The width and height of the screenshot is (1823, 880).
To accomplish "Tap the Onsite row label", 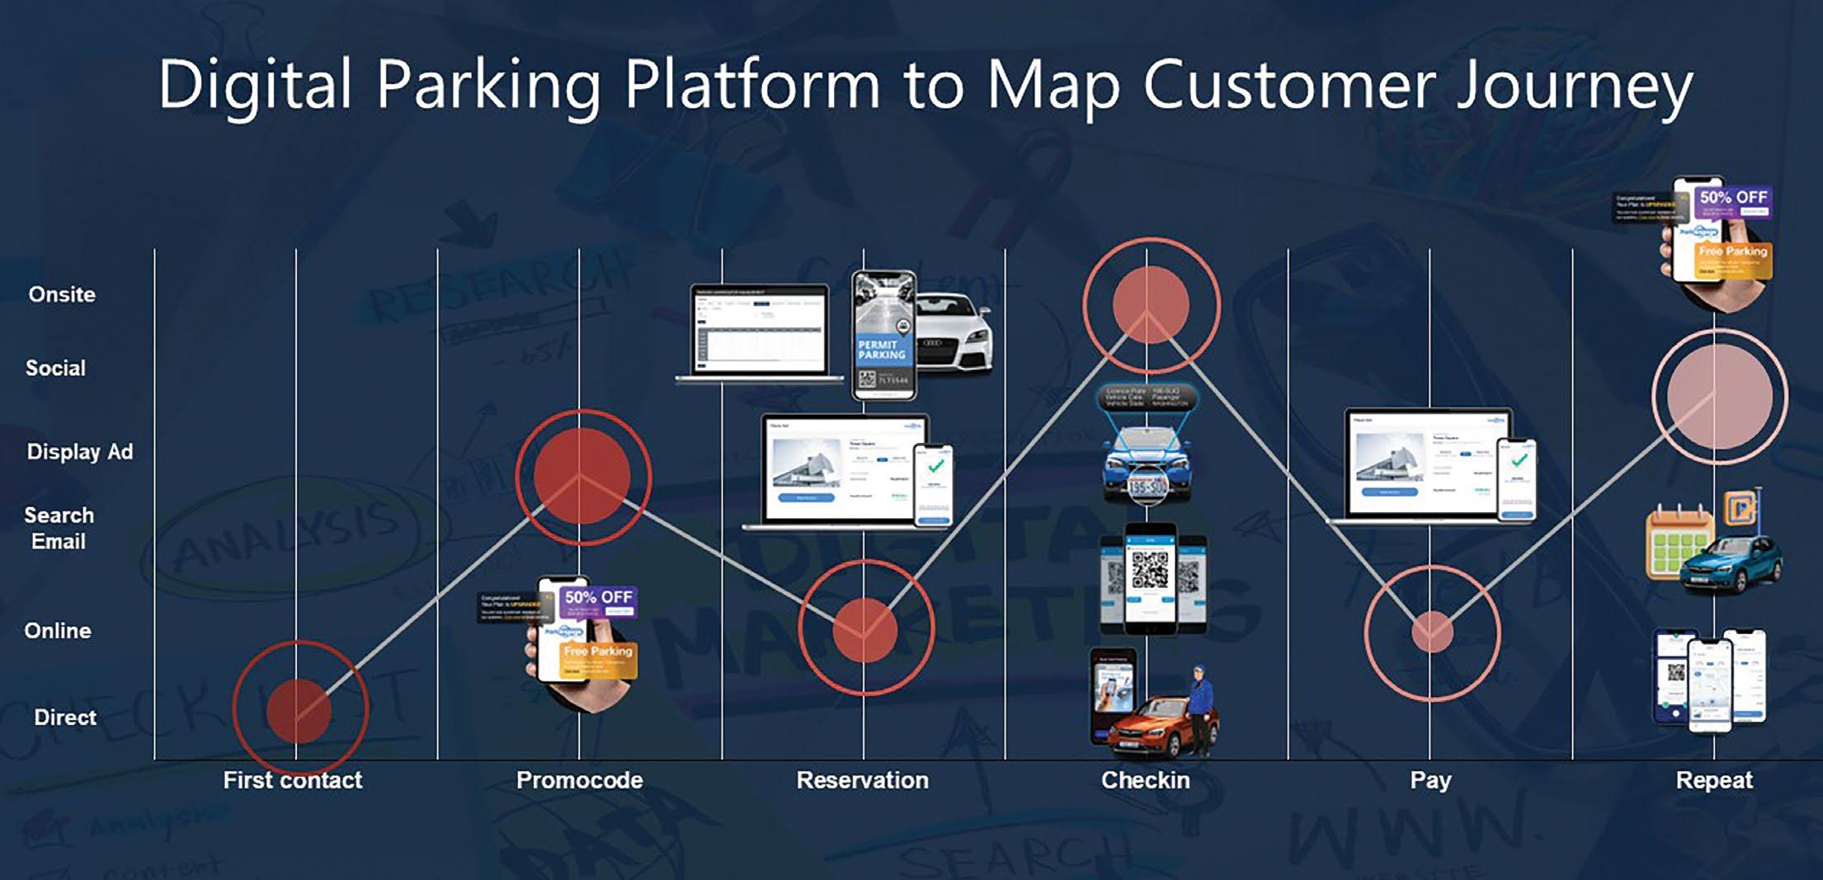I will pos(62,294).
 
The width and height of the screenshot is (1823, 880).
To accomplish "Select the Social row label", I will pos(55,368).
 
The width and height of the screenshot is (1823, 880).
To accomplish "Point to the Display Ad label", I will pos(80,452).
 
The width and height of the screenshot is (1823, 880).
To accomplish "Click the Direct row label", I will pos(65,718).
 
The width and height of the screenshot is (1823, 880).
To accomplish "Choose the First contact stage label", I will pos(293,780).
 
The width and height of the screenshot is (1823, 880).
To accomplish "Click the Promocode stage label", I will pos(579,780).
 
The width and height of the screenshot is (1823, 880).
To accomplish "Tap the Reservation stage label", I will pos(862,780).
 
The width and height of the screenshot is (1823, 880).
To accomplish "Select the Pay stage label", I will pos(1430,780).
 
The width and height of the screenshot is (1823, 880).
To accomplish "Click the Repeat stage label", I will pos(1714,780).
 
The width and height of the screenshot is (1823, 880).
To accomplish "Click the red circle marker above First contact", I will pos(299,710).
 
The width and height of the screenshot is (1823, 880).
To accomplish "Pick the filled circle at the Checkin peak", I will pos(1151,304).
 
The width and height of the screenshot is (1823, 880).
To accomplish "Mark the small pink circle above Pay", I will pos(1432,633).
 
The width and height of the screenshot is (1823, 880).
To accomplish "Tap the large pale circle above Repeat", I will pos(1719,397).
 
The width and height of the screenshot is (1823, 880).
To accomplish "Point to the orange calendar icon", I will pos(1677,542).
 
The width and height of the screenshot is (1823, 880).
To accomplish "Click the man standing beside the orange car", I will pos(1201,710).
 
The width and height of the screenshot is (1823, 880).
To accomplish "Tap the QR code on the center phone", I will pos(1150,569).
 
